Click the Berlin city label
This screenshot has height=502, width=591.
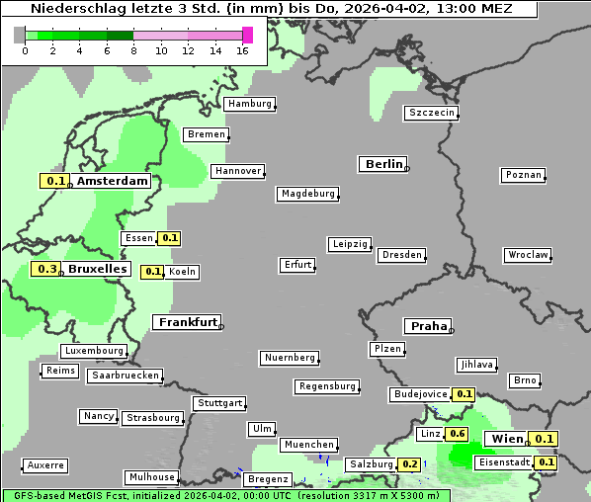(382, 164)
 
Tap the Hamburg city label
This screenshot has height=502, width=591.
(248, 104)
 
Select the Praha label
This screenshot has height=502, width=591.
(427, 326)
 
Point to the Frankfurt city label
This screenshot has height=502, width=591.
(187, 322)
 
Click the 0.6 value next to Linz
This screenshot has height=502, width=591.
(457, 434)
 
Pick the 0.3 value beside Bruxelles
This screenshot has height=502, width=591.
(45, 269)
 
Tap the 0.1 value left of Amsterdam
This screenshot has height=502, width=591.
(55, 181)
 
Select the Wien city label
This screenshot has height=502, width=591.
(506, 439)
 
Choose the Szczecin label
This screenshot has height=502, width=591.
(432, 113)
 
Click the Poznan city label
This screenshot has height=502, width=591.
(523, 175)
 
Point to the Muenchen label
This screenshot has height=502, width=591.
(308, 445)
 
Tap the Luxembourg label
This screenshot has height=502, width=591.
(94, 351)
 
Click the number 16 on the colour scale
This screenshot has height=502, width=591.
(243, 50)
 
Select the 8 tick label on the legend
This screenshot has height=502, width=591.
(133, 50)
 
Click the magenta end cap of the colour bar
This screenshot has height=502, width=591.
(247, 35)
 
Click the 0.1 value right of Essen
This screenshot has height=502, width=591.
(170, 238)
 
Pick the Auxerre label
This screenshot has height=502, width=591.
(44, 464)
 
